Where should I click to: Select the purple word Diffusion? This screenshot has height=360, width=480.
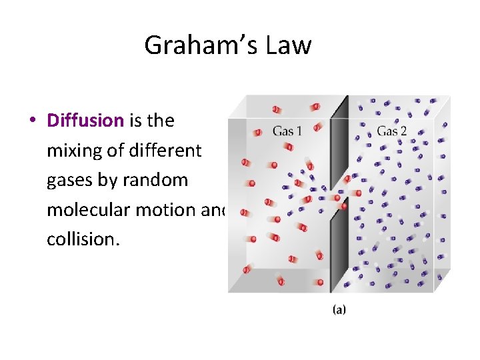tap(85, 121)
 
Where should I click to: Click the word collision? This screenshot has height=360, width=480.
tap(83, 239)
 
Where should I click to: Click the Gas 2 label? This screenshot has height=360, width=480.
tap(391, 131)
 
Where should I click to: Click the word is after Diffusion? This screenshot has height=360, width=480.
tap(135, 121)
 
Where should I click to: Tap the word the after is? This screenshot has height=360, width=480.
tap(161, 121)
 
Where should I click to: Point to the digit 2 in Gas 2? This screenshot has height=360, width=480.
tap(403, 131)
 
